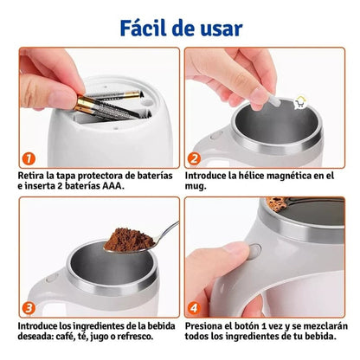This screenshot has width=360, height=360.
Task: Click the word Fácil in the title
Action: point(144,28)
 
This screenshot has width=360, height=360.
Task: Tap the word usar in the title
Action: point(222,29)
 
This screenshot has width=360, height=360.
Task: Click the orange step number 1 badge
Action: point(29,159)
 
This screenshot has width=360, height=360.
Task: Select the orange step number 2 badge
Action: point(194,158)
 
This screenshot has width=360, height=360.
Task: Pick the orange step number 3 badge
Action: point(29,308)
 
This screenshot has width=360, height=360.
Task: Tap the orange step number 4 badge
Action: point(194,308)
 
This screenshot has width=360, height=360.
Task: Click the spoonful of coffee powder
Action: point(129,240)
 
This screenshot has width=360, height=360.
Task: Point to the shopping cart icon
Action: point(300,103)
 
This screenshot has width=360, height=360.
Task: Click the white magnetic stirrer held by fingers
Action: point(273,100)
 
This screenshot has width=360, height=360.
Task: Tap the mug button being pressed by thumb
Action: point(255,251)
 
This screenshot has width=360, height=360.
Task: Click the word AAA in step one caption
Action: point(113,185)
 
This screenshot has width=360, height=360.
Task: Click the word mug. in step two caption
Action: point(196,186)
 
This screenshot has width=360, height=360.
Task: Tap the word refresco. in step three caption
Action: point(135,336)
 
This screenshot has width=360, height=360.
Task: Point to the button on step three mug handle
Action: point(52,278)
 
